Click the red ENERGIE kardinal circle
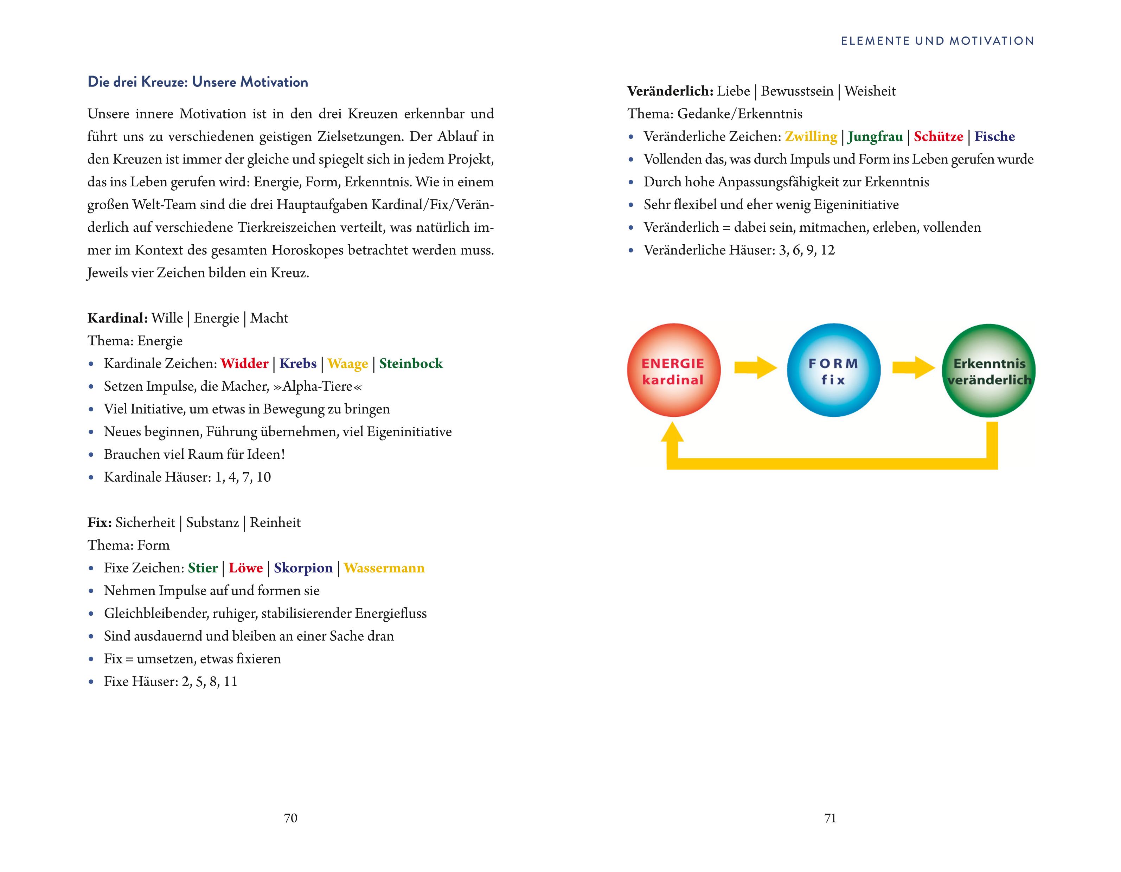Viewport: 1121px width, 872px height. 673,370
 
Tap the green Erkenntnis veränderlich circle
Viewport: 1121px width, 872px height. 988,370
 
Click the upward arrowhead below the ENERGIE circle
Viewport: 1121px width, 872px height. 672,433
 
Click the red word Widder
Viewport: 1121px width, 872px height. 244,363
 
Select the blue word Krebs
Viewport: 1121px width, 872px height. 298,363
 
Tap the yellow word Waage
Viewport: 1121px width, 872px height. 347,363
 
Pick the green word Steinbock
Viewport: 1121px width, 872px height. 411,363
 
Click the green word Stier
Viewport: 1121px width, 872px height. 203,568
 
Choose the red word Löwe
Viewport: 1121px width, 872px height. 245,568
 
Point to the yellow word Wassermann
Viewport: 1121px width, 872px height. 384,568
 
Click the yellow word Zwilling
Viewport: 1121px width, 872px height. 811,136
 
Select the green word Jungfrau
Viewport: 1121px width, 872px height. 875,136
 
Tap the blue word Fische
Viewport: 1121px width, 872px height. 994,136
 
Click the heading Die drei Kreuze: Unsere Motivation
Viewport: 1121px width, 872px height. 198,82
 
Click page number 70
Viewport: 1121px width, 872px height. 290,817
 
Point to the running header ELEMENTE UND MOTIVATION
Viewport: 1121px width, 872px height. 937,41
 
